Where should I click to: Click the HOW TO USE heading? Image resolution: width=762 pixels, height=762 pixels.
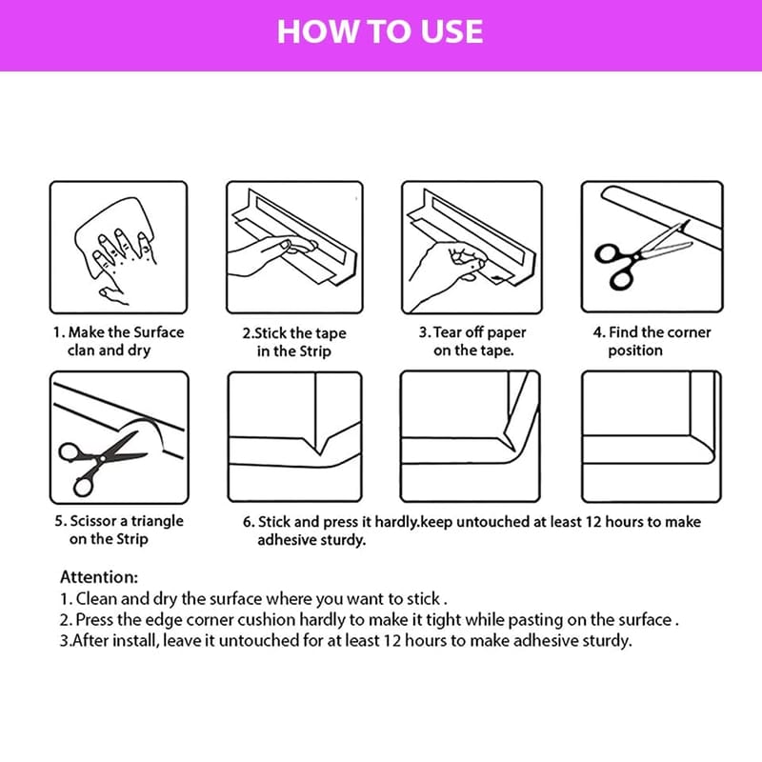click(x=380, y=31)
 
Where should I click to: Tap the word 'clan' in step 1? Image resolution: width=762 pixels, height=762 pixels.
click(x=81, y=350)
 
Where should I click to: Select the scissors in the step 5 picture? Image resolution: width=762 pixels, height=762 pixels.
click(x=101, y=462)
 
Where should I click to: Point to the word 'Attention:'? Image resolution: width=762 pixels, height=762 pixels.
click(x=99, y=577)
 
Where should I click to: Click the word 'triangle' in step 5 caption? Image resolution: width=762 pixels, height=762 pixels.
click(x=157, y=521)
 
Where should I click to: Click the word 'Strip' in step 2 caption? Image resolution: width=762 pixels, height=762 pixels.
click(x=312, y=351)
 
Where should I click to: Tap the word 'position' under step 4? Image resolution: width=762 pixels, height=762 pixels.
click(x=635, y=351)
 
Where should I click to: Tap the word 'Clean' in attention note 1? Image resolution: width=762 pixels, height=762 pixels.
click(x=96, y=598)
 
